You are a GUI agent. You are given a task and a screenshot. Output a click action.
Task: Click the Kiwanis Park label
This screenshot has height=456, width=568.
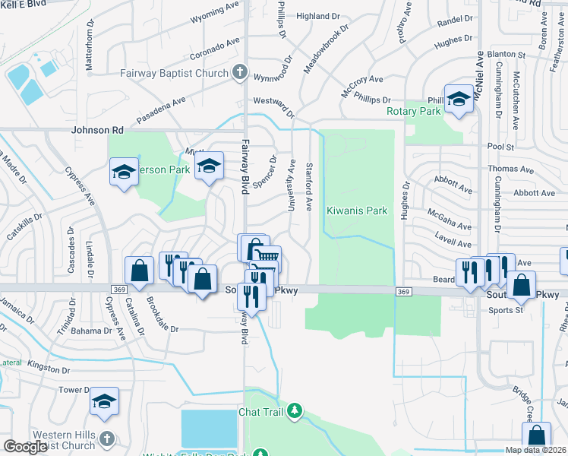coord(357,211)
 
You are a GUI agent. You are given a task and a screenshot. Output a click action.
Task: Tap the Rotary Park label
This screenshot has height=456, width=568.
coord(413,111)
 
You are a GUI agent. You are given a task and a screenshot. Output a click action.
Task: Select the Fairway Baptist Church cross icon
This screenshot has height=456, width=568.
coord(239,73)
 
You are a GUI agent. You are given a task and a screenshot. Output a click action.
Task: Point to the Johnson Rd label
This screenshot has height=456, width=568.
coord(97,130)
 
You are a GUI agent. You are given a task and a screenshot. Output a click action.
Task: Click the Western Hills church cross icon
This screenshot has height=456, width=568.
coord(106,439)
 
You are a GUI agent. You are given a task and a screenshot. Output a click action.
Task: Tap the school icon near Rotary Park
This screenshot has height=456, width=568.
coord(459,100)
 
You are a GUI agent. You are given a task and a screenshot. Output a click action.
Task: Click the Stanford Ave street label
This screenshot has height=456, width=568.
coord(309,186)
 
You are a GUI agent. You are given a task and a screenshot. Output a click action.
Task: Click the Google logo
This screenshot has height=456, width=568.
coord(25,447)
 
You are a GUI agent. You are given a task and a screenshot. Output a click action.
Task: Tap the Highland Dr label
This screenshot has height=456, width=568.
coord(317,16)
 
